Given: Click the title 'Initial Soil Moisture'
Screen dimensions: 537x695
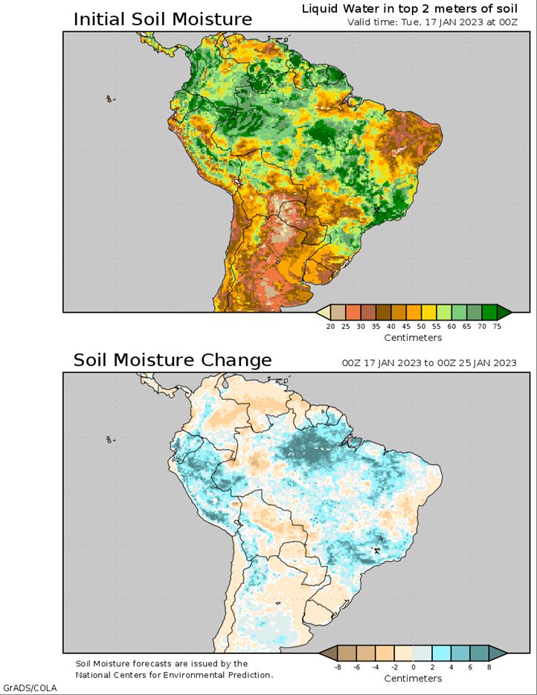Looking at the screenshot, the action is pos(163,19).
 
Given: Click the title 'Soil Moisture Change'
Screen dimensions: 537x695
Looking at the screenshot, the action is pos(173,359).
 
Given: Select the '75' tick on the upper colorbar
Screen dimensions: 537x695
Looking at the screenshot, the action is pos(497,326).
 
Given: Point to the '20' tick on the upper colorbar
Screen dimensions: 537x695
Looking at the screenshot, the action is pos(330,326).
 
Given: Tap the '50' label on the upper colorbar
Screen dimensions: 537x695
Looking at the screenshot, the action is pos(421,326).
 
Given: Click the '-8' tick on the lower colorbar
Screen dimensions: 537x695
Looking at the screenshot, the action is pos(338,667).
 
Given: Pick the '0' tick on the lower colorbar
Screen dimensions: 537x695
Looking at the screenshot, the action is pos(414,667).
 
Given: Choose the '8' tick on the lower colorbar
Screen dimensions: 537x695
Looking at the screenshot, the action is pos(489,667).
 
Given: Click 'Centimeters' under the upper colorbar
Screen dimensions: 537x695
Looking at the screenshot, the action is pos(413,338).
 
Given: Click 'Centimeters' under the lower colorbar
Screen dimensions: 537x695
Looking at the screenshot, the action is pos(413,679).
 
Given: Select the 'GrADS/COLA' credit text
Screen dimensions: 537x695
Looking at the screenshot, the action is pos(30,688).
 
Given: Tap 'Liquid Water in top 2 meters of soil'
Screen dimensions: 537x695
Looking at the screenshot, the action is pos(410,9).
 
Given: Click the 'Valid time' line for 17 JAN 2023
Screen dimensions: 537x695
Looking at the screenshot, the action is pos(432,22).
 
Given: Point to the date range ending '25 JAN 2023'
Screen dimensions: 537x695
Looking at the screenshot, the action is pos(429,363).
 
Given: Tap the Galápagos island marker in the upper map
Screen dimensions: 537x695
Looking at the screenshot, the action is pos(109,99).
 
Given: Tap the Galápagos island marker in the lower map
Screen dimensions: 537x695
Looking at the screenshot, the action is pos(109,440).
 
